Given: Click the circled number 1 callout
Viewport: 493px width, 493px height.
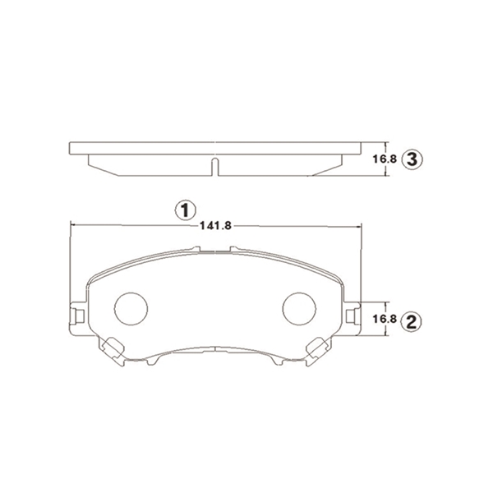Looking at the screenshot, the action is click(186, 210).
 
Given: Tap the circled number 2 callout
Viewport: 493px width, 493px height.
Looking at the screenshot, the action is click(412, 321).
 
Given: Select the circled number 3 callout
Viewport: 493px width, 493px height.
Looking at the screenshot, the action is click(412, 159).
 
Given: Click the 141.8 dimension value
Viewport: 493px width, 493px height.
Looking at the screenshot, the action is click(215, 226).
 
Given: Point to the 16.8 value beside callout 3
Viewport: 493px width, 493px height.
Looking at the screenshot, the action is click(385, 159).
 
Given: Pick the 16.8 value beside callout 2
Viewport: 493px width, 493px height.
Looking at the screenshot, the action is click(385, 319).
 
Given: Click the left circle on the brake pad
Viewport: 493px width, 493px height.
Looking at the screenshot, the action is click(131, 309).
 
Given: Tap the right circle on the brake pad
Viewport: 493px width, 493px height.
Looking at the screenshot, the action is click(299, 309).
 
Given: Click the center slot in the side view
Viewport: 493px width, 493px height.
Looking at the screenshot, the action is click(214, 167).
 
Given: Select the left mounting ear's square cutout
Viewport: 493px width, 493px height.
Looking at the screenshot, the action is click(81, 316).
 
